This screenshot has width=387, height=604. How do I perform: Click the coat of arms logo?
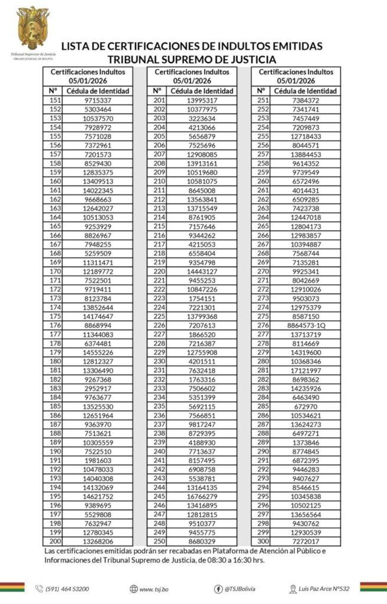coord(33,27)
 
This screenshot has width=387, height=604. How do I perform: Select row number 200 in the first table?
coord(55,540)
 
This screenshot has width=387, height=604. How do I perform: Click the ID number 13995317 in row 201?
coord(202,100)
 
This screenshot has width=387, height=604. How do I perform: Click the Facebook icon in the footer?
coord(218,589)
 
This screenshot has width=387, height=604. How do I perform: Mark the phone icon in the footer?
coord(39,589)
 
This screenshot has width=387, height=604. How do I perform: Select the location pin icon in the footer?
coord(293,589)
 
